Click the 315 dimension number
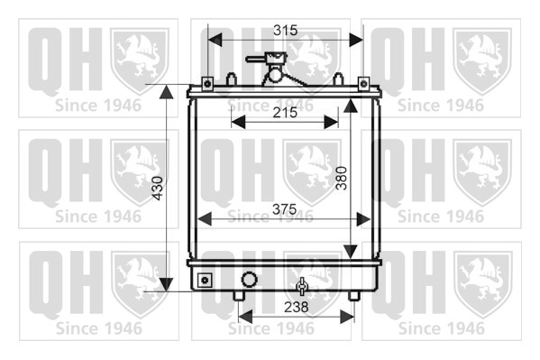point(285,31)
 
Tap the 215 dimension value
point(285,113)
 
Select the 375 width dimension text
point(285,209)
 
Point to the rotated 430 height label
point(158,188)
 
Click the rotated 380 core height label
point(342,178)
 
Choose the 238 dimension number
point(297,307)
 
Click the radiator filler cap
point(272,58)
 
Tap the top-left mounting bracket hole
point(207,84)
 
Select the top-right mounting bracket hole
point(363,83)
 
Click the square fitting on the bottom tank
point(205,280)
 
